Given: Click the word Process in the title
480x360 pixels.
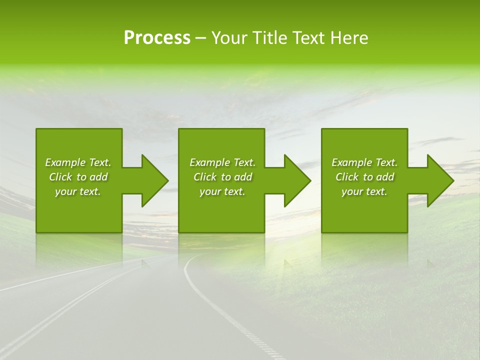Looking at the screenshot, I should (x=157, y=38).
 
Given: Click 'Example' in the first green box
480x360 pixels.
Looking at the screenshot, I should (x=65, y=162).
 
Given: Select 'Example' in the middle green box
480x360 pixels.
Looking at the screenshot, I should (x=209, y=162).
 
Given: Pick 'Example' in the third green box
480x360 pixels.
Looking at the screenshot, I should (x=351, y=162).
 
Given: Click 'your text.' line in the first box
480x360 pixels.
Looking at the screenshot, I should (x=78, y=191).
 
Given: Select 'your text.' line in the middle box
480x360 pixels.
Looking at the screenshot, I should (x=222, y=191).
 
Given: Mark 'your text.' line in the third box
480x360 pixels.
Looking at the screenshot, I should (x=364, y=191).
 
